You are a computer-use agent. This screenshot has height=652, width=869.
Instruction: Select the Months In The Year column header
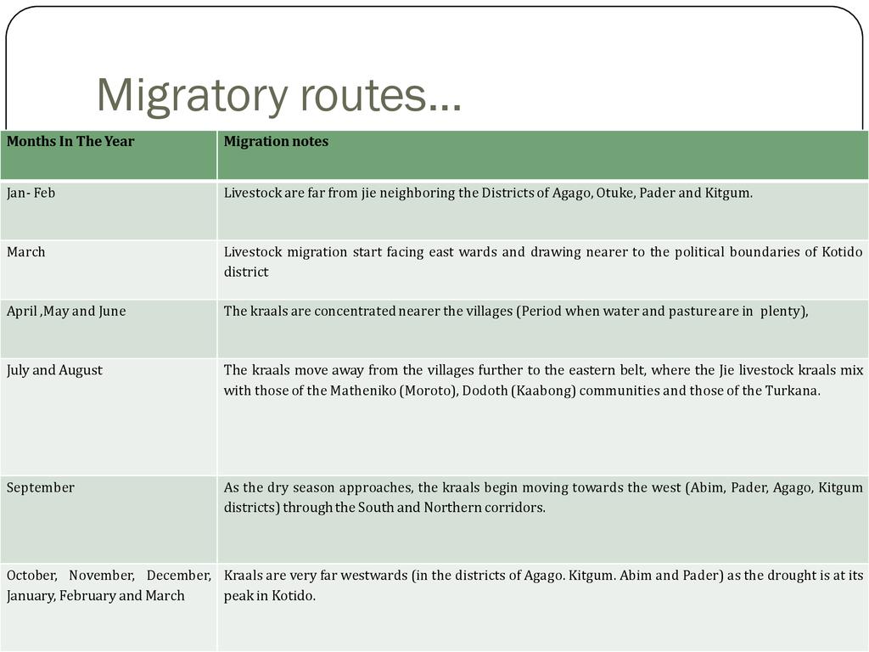(70, 142)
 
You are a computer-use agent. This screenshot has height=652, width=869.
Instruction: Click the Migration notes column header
(276, 142)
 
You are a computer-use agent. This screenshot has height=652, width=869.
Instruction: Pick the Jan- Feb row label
(31, 194)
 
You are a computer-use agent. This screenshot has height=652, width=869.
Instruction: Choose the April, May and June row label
(66, 312)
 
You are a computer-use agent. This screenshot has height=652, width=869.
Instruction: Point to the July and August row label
(54, 370)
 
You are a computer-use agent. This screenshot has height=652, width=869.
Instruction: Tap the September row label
(41, 488)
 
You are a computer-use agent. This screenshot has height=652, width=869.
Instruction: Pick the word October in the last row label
(31, 576)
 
